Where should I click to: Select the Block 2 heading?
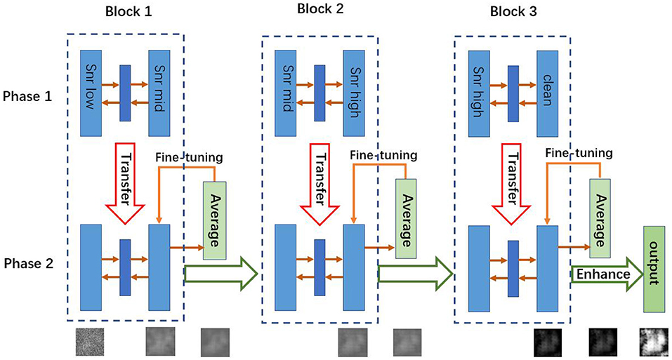321,11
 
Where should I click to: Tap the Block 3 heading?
514,11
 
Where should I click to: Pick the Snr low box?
92,93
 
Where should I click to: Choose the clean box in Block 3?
547,93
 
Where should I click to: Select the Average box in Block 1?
214,220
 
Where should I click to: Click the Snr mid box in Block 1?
160,93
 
